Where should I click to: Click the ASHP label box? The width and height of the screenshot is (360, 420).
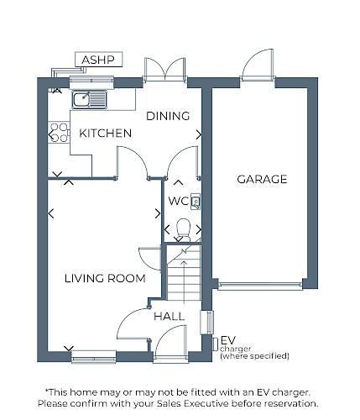point(99,60)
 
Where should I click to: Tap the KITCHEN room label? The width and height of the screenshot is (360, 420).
point(106,134)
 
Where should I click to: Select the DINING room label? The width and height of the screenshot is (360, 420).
point(168,116)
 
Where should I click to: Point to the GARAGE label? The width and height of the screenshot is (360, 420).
point(262,179)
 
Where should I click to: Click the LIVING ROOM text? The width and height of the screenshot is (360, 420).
point(105,278)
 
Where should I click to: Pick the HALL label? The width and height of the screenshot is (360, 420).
point(169,317)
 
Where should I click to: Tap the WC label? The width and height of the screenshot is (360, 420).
point(179,201)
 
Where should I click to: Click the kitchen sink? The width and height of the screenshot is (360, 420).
point(89,100)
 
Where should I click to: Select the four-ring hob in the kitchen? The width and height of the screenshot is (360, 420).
point(59,133)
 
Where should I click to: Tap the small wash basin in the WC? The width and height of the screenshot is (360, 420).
point(196,202)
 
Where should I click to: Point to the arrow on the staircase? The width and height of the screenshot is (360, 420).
point(184,282)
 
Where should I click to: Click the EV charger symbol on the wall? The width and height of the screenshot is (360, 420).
point(216,344)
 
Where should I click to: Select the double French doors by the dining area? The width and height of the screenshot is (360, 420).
point(164,70)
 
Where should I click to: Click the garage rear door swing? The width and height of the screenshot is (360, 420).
point(258,65)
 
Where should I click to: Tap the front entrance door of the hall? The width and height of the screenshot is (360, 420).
point(170,343)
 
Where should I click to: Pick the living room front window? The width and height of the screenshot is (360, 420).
point(94,357)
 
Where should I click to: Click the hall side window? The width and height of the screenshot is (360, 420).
point(207,323)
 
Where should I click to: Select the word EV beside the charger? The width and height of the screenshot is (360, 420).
point(228,340)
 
